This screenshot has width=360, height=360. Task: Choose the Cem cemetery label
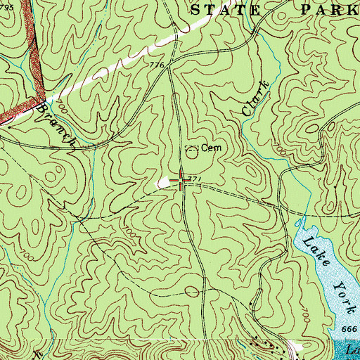(211, 148)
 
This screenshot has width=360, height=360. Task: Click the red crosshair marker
(181, 182)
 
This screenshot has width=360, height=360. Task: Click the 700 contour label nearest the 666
(307, 314)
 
